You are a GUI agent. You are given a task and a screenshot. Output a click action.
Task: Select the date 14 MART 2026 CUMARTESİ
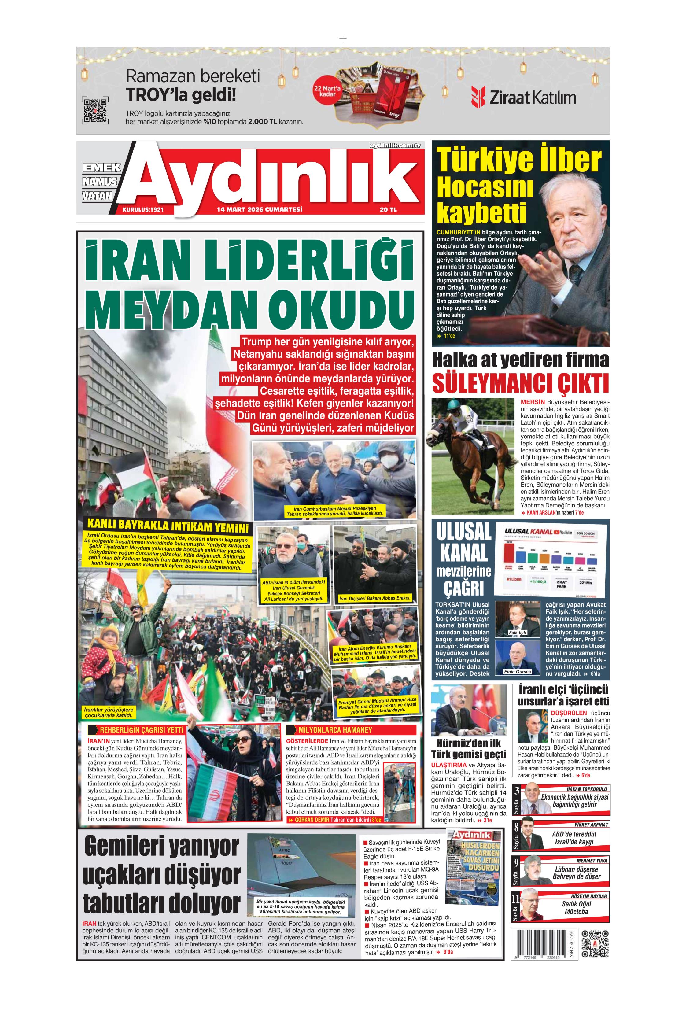click(259, 210)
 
